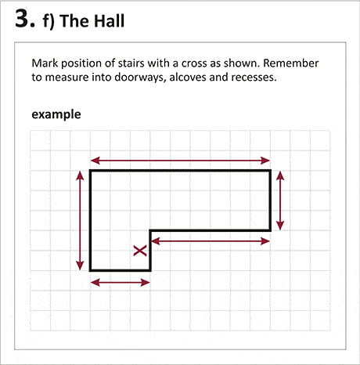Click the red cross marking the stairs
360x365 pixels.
point(140,251)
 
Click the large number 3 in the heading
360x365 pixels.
point(25,19)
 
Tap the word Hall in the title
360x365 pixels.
point(109,21)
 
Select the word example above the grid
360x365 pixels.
point(56,114)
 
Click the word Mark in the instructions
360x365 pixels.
point(45,63)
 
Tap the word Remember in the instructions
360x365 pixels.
point(291,63)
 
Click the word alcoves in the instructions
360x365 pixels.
point(188,77)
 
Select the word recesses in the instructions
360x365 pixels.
point(254,78)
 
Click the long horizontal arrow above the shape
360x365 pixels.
point(180,161)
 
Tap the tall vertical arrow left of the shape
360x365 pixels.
point(80,221)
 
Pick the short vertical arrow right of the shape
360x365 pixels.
point(280,201)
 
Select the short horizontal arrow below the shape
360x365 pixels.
point(121,282)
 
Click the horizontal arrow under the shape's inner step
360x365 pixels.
point(211,241)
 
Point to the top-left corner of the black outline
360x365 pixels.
point(90,171)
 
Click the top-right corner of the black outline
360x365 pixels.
point(271,171)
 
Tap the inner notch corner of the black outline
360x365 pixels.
point(150,230)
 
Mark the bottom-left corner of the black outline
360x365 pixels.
point(90,270)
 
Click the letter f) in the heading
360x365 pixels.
point(49,21)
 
